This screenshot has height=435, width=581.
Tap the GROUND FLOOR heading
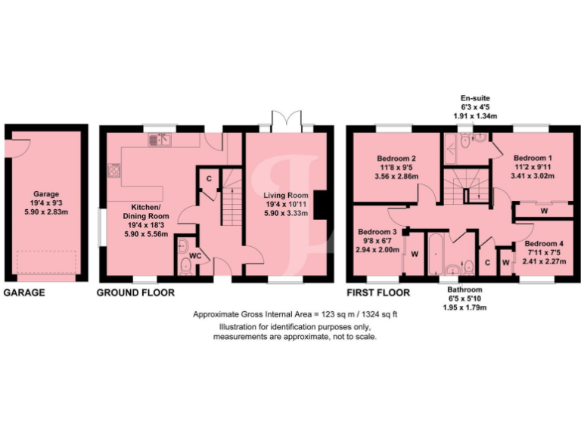pyautogui.click(x=135, y=292)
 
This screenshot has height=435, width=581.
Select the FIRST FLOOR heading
pyautogui.click(x=378, y=292)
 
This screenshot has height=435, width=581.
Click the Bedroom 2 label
pyautogui.click(x=398, y=159)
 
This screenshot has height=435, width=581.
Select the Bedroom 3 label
pyautogui.click(x=377, y=232)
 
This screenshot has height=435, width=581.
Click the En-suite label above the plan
pyautogui.click(x=479, y=99)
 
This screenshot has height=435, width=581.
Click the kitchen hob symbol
pyautogui.click(x=113, y=171)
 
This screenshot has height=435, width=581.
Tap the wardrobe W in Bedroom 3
pyautogui.click(x=415, y=254)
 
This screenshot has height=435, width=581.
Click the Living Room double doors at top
pyautogui.click(x=286, y=120)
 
